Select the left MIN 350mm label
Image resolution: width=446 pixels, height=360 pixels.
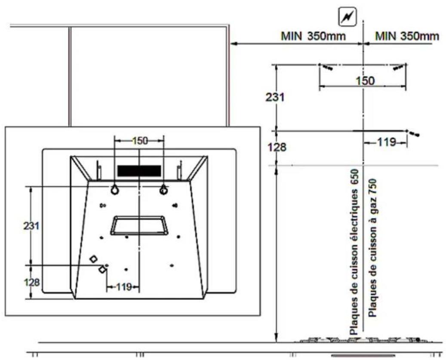(313, 36)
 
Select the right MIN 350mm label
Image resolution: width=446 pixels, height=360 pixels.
(407, 36)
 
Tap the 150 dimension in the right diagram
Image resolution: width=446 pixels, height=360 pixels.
(366, 81)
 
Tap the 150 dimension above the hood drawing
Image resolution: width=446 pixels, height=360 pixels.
(140, 141)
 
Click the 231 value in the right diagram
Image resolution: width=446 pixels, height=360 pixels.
(274, 97)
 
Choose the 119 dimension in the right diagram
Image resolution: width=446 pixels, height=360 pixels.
(386, 142)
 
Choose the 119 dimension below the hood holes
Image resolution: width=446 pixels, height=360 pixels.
(123, 287)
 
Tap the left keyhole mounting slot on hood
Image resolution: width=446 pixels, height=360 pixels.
(114, 190)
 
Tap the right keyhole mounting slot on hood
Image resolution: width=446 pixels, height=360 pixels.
(163, 190)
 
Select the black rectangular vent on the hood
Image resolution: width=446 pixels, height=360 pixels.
(139, 171)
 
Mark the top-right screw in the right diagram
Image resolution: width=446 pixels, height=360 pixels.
(399, 67)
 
